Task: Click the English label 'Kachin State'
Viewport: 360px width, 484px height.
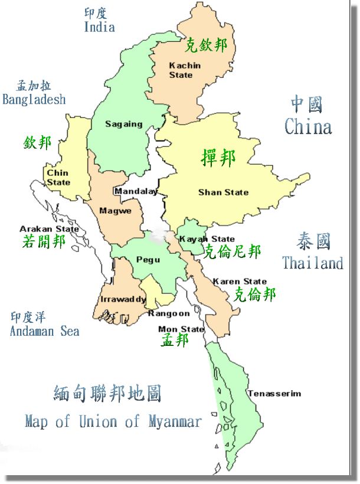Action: tap(185, 70)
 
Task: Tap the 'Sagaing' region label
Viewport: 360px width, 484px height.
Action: tap(124, 124)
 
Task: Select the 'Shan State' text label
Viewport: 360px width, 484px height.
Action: tap(223, 192)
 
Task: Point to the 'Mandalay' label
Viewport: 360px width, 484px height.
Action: tap(136, 191)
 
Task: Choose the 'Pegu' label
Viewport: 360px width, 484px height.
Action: tap(148, 259)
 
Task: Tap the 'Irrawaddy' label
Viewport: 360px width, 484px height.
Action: tap(123, 299)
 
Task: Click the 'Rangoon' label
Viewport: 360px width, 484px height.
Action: tap(169, 313)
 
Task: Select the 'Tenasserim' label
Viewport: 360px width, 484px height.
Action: tap(274, 394)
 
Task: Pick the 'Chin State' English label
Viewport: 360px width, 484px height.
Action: tap(58, 178)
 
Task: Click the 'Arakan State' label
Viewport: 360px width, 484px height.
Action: tap(49, 229)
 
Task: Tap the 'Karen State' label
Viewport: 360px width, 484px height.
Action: tap(240, 282)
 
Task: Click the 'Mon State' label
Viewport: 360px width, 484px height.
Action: tap(181, 329)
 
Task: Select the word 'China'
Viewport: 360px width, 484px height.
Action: tap(307, 126)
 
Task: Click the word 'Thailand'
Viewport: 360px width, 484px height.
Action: tap(312, 263)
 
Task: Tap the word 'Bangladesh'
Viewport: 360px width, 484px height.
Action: tap(34, 99)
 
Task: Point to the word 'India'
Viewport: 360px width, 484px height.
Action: tap(99, 27)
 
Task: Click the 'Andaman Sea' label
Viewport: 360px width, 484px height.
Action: tap(44, 331)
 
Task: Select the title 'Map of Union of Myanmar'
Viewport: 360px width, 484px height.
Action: tap(113, 421)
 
